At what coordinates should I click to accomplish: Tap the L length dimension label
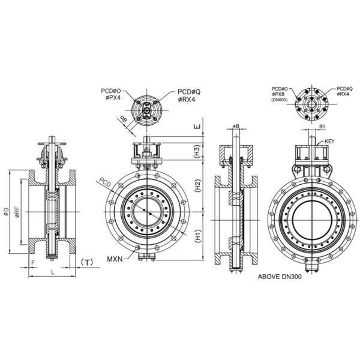[53, 273]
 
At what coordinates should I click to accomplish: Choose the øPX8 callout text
[280, 94]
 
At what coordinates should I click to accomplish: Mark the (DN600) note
[280, 100]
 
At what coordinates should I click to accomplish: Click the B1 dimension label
[322, 127]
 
